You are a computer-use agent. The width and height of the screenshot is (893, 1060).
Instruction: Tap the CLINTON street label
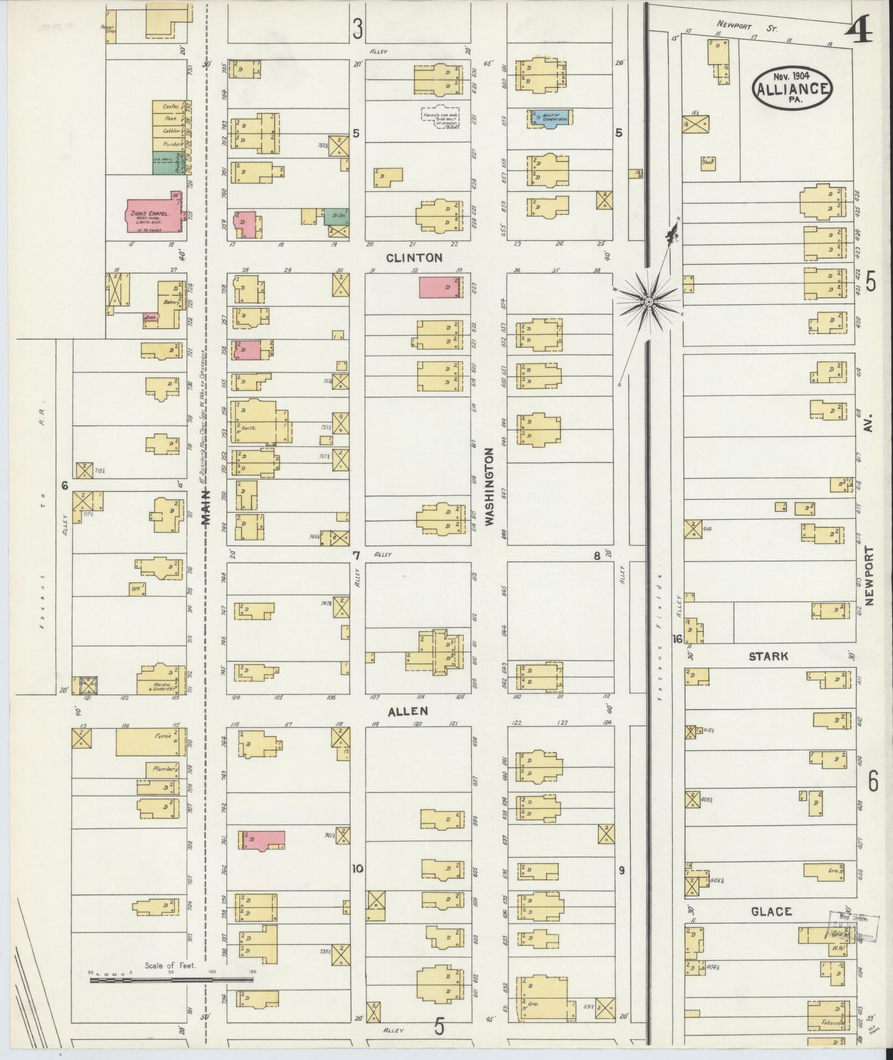tap(414, 258)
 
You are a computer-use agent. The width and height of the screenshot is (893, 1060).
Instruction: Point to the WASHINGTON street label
tap(489, 487)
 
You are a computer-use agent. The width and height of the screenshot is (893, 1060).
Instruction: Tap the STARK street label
tap(768, 657)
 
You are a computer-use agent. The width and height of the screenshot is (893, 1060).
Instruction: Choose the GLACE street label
tap(771, 912)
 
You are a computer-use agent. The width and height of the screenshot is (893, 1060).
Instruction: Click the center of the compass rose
tap(648, 301)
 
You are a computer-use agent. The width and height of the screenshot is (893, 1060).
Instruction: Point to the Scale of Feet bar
tap(172, 980)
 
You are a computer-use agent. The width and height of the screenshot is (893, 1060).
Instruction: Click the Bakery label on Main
tap(169, 303)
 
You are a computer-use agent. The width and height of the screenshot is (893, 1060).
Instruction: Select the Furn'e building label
tap(162, 738)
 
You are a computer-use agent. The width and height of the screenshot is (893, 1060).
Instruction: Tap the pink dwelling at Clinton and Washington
tap(439, 288)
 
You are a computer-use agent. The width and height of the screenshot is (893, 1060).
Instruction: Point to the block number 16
tap(677, 639)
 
